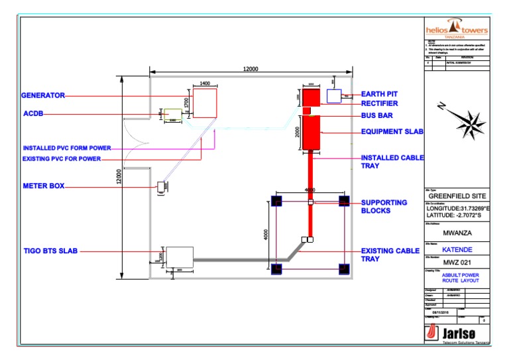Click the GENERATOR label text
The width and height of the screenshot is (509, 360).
pyautogui.click(x=43, y=95)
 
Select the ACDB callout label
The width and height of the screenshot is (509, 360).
pyautogui.click(x=33, y=114)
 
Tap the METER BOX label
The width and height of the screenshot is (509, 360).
pyautogui.click(x=43, y=186)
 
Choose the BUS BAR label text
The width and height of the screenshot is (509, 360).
pyautogui.click(x=378, y=115)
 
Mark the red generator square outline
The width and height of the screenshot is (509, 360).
pyautogui.click(x=204, y=103)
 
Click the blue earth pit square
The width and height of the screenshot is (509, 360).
pyautogui.click(x=333, y=95)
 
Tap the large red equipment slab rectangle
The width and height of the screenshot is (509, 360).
pyautogui.click(x=311, y=133)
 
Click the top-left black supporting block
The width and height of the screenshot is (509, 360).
pyautogui.click(x=277, y=200)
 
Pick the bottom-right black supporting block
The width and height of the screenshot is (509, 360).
pyautogui.click(x=343, y=269)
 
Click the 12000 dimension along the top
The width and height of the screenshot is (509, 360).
pyautogui.click(x=250, y=69)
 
